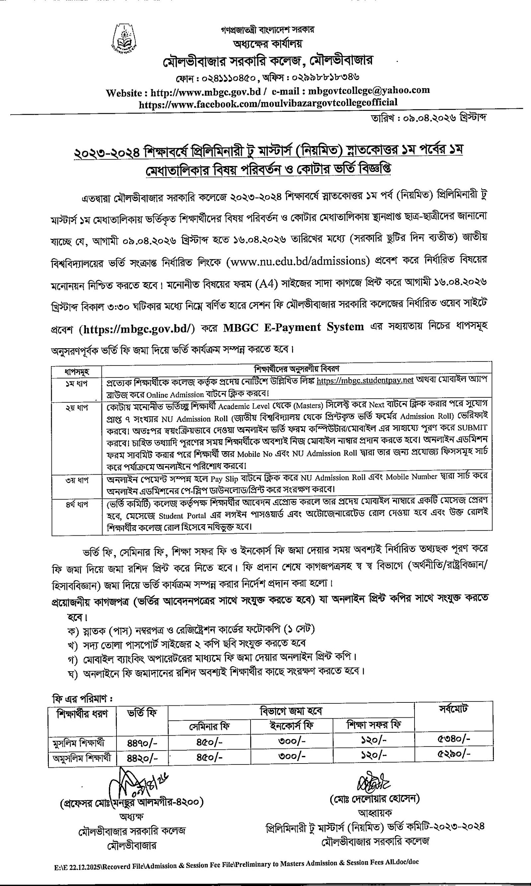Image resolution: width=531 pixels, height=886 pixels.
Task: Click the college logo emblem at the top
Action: click(123, 38)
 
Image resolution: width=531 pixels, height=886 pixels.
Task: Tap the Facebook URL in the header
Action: click(268, 103)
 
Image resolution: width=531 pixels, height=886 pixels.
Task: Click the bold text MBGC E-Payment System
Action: click(293, 327)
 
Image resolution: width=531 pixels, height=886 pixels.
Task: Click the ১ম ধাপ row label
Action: click(77, 383)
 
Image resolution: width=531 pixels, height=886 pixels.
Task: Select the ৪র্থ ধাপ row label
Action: click(77, 504)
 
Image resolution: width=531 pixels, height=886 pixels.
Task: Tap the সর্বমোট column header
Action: click(453, 709)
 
